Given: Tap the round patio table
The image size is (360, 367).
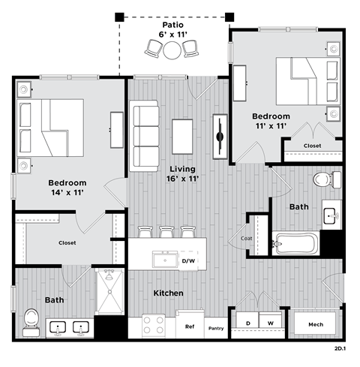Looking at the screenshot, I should click(x=173, y=50).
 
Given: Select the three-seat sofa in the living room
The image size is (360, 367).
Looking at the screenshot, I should click(x=145, y=136).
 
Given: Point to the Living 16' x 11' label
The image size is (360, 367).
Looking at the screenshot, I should click(x=181, y=173).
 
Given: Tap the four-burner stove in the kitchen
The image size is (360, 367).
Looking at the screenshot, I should click(x=154, y=325).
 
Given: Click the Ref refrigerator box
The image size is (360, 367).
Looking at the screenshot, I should click(x=190, y=327).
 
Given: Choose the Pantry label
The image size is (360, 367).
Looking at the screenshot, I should click(x=216, y=328).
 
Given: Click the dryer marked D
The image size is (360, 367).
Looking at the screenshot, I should click(x=247, y=323).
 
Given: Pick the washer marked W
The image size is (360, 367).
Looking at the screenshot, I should click(x=271, y=323).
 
